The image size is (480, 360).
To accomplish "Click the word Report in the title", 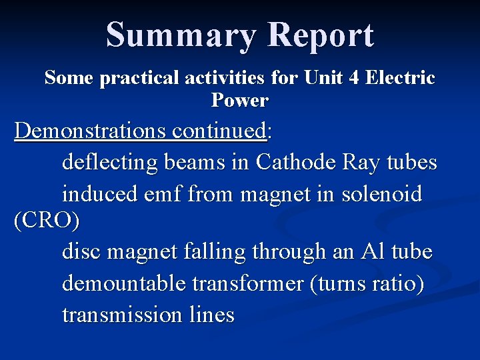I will click(321, 36).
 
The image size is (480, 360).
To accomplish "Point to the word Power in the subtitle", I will click(239, 101).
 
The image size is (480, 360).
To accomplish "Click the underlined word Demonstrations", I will click(89, 131).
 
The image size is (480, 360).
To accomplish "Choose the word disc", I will click(81, 252).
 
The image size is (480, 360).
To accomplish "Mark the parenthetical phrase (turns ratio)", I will click(367, 283).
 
